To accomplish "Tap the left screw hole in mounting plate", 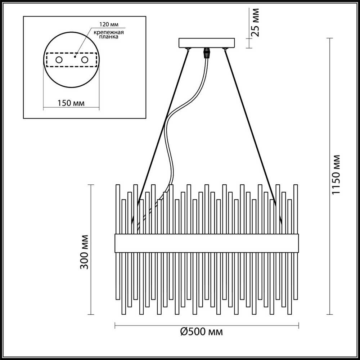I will coord(59,60).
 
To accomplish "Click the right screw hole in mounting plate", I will coord(85,60).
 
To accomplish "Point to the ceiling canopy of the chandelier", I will coord(207,43).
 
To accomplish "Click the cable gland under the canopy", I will coord(207,53).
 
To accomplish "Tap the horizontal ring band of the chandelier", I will coord(207,243).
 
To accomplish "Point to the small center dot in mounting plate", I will coord(75,57).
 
